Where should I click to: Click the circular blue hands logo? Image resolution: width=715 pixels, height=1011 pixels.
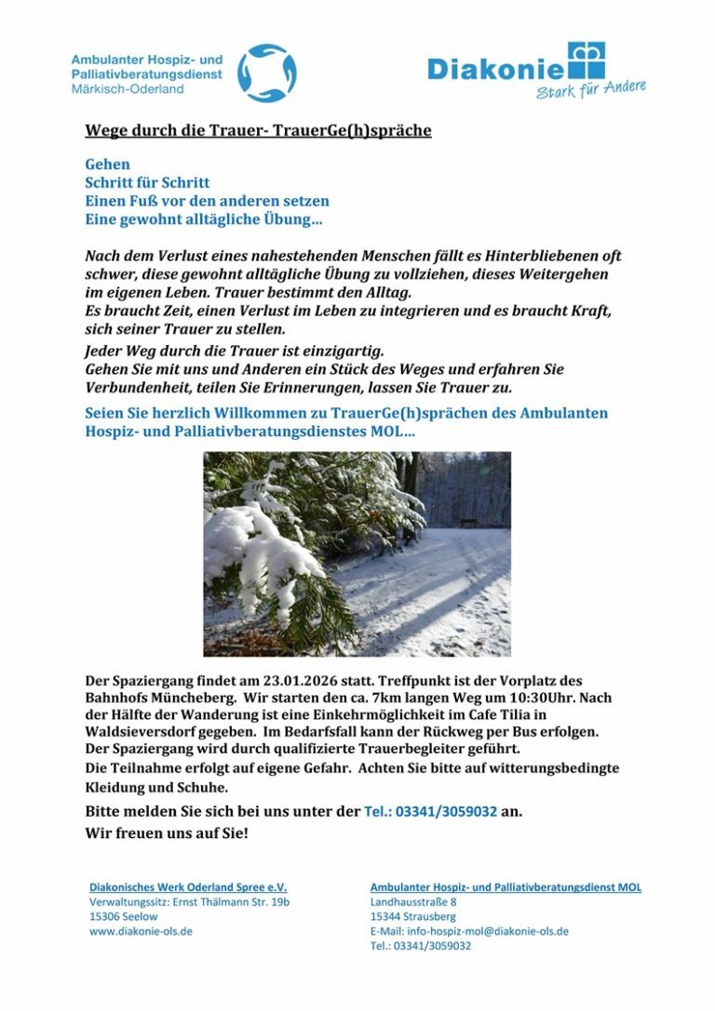(x=266, y=73)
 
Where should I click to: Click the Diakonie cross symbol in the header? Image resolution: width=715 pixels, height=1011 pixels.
(x=587, y=60)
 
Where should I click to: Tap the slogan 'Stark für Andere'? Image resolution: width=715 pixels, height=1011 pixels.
(x=590, y=90)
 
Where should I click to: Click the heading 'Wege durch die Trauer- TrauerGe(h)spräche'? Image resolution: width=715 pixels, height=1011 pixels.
(x=258, y=130)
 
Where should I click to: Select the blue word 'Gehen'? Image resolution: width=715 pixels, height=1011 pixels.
(x=107, y=165)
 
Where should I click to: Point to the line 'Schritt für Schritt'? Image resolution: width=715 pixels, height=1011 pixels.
(x=147, y=182)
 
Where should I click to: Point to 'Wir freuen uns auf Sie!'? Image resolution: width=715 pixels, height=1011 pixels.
(x=167, y=832)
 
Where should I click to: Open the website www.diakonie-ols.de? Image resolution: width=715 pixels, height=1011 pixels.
(x=141, y=930)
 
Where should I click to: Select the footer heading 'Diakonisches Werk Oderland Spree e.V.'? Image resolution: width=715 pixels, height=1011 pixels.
(x=188, y=887)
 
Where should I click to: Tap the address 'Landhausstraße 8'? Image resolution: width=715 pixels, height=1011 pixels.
(x=413, y=902)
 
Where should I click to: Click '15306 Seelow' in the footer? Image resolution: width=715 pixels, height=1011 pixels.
(x=124, y=916)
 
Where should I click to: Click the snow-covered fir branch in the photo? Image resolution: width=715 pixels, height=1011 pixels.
(x=270, y=549)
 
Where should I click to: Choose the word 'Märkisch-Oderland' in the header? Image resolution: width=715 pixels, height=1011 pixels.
(x=128, y=89)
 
